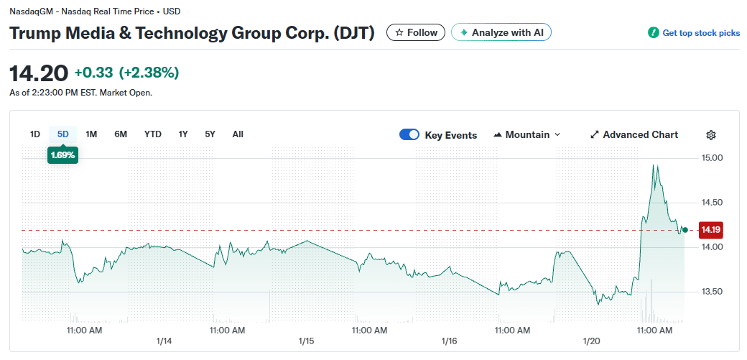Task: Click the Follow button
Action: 416,32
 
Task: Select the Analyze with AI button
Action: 501,32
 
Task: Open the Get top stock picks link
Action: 694,33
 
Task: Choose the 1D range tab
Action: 34,134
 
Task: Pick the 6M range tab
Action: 121,134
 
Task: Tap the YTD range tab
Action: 152,134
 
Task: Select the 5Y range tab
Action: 210,134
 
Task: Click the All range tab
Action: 238,134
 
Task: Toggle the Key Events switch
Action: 409,134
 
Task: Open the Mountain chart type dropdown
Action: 526,134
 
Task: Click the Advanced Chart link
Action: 634,134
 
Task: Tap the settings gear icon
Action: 711,135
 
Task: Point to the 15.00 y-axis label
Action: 711,157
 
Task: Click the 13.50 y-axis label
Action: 711,292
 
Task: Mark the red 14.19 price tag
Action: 710,230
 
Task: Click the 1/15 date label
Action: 307,341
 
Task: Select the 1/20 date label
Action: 593,341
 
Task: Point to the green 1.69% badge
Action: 62,154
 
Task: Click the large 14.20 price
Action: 39,73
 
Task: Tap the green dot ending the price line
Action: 685,230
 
